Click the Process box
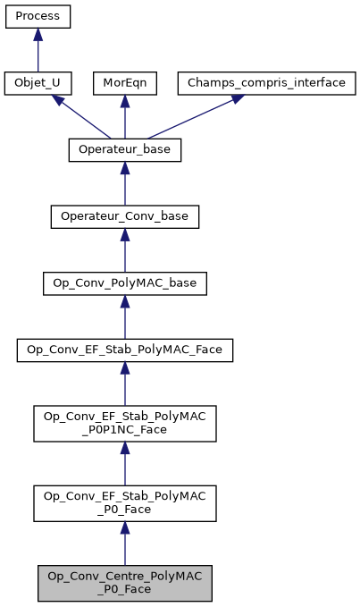(38, 17)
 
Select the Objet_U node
(38, 83)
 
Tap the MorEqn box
(125, 83)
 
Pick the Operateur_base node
(125, 150)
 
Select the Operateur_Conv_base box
(125, 217)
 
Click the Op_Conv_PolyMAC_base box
(125, 284)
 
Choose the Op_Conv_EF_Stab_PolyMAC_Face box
(125, 351)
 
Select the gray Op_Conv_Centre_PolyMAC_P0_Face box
(125, 583)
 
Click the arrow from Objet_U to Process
(38, 50)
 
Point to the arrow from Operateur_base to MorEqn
(125, 117)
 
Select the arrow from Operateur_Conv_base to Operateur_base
(125, 184)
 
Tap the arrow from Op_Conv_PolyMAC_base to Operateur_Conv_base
(125, 251)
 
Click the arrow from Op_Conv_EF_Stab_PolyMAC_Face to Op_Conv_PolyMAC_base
(125, 318)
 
